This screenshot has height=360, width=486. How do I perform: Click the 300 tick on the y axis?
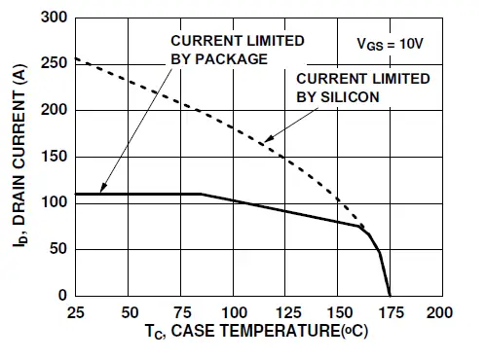click(x=55, y=18)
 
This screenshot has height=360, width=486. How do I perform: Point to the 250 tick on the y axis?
click(x=55, y=64)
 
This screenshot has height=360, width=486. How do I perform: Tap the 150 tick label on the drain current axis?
click(x=55, y=157)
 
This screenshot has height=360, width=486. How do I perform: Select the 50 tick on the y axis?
click(x=58, y=249)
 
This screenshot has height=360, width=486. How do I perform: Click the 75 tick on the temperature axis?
click(x=181, y=312)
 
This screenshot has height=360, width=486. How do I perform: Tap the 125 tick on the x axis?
click(x=285, y=312)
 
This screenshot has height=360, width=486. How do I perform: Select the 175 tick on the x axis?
click(x=390, y=312)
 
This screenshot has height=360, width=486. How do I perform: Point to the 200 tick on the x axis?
click(x=441, y=312)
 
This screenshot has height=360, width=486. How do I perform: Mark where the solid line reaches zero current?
click(x=390, y=295)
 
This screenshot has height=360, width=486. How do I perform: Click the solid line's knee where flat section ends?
click(x=202, y=194)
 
